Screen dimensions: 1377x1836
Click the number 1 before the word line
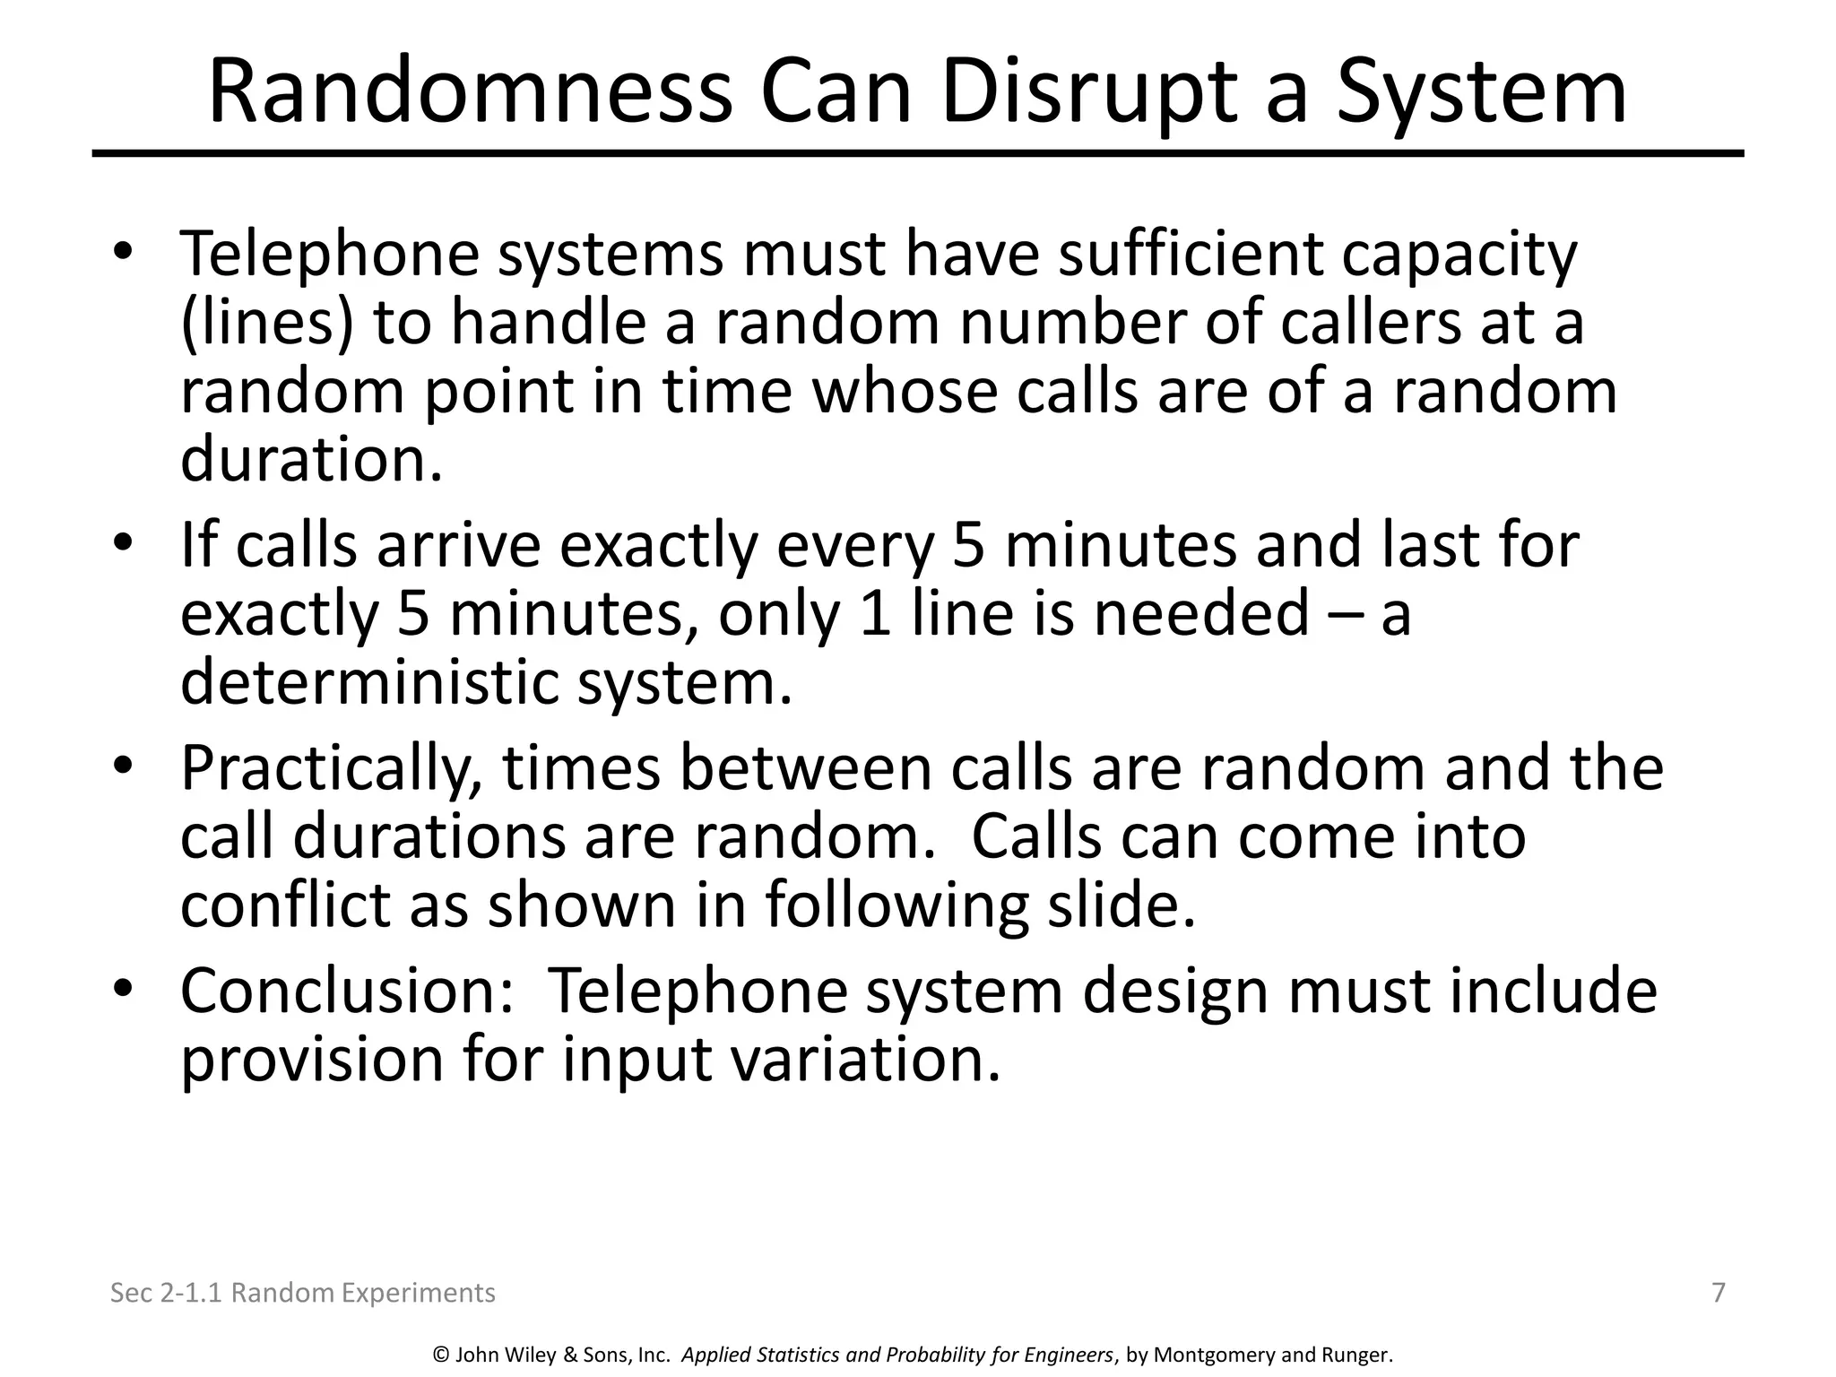[875, 614]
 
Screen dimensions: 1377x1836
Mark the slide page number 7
[1719, 1293]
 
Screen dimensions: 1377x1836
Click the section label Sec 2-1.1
[166, 1293]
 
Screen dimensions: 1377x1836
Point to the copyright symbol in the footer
[440, 1355]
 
